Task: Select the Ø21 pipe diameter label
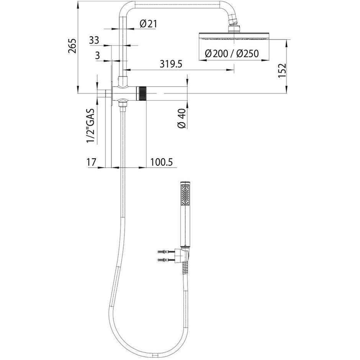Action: tap(148, 24)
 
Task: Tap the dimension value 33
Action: tap(94, 40)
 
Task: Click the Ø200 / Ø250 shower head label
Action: tap(232, 54)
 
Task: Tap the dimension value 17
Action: tap(91, 162)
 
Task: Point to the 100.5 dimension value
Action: tap(161, 162)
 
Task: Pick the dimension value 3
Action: tap(97, 56)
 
